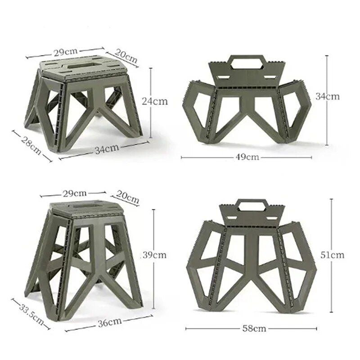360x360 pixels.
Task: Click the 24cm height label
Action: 154,101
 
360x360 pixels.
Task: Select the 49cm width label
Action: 247,157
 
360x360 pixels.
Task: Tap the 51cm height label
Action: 333,255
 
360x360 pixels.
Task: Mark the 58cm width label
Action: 253,328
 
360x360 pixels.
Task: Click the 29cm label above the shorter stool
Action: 64,51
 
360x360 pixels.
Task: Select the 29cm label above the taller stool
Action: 74,193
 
